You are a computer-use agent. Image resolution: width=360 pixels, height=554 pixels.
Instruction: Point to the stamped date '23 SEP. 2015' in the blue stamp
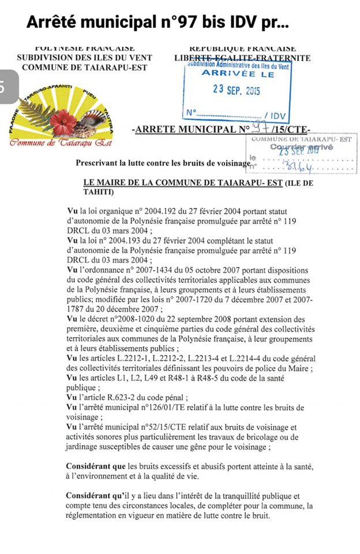tap(237, 91)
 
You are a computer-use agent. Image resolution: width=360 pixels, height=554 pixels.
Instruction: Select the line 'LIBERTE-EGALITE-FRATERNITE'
tap(242, 58)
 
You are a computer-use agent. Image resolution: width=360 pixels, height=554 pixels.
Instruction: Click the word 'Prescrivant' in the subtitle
tap(97, 163)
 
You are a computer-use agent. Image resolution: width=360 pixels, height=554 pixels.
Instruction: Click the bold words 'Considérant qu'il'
tap(97, 496)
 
